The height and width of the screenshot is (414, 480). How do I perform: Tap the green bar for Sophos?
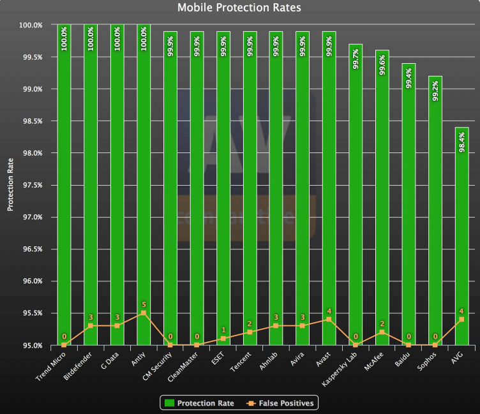pos(435,211)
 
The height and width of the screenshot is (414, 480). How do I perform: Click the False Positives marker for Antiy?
pos(144,313)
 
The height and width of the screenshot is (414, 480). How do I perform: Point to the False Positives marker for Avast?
pos(329,320)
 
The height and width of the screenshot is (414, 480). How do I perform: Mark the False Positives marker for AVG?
pos(461,320)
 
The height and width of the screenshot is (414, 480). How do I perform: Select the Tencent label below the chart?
pos(240,362)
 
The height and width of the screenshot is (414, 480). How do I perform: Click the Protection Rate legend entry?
pos(199,403)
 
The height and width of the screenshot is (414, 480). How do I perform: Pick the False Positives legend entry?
pos(281,403)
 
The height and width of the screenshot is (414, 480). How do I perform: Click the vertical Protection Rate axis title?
pos(10,186)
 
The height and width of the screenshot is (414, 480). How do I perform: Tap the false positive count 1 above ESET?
pos(223,330)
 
